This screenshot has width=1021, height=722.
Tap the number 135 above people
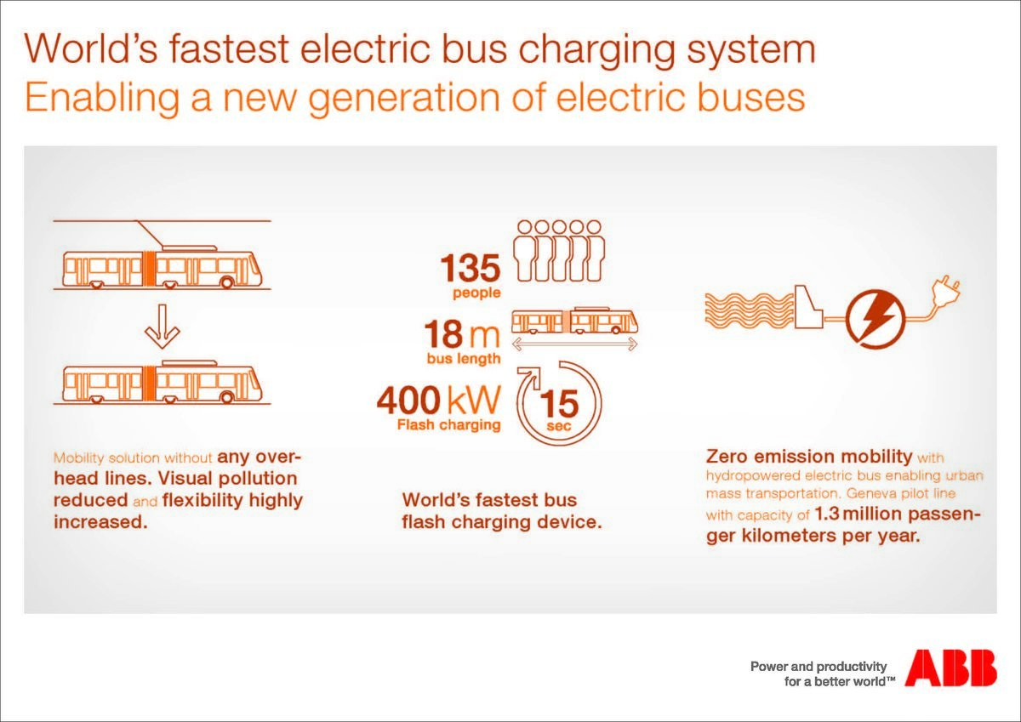(470, 268)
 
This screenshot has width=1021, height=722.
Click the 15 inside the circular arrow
(559, 404)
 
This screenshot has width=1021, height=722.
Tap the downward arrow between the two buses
(162, 327)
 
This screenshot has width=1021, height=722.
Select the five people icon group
(559, 251)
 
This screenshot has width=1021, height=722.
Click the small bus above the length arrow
(574, 321)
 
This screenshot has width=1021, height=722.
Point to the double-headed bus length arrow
(574, 344)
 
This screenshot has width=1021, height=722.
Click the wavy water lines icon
(750, 310)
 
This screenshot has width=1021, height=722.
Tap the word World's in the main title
(91, 48)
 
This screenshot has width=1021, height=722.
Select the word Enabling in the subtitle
(101, 98)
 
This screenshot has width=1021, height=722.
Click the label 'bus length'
(464, 359)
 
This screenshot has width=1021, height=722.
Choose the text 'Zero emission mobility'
(809, 456)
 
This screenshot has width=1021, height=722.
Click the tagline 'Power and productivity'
(819, 667)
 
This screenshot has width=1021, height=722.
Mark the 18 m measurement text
(462, 334)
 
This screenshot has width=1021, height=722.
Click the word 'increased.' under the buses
(100, 522)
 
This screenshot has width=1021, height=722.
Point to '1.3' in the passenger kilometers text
(826, 514)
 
